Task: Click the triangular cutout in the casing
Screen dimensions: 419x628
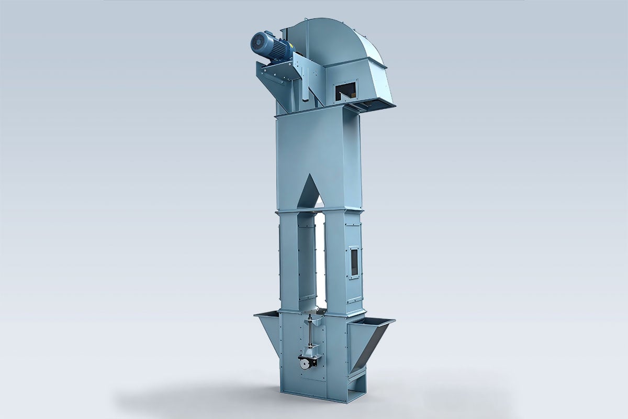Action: pos(311,191)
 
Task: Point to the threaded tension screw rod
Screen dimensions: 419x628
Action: pos(311,335)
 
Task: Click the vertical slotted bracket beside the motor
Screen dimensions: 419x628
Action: pos(304,84)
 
